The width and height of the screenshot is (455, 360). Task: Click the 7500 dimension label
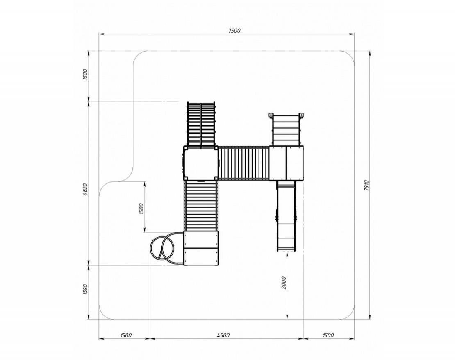pyautogui.click(x=234, y=31)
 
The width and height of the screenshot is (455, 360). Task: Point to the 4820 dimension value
pyautogui.click(x=85, y=190)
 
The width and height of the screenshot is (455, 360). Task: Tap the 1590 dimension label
pyautogui.click(x=85, y=289)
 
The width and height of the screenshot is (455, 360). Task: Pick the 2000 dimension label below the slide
pyautogui.click(x=284, y=283)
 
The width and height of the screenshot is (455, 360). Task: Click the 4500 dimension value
pyautogui.click(x=223, y=335)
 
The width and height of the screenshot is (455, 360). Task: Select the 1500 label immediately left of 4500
pyautogui.click(x=126, y=335)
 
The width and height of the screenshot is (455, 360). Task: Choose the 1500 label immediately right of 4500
pyautogui.click(x=328, y=335)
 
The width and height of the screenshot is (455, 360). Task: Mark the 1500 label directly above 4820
pyautogui.click(x=85, y=75)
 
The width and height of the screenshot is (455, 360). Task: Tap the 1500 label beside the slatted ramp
pyautogui.click(x=141, y=209)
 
